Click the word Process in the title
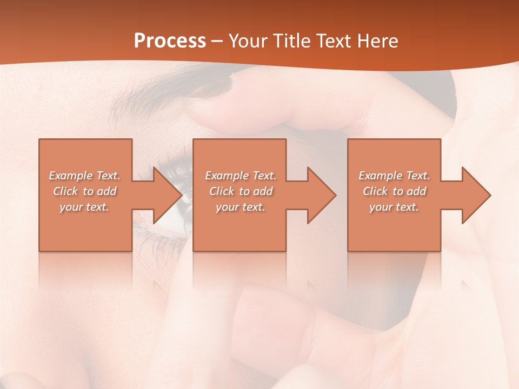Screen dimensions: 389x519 click(x=170, y=41)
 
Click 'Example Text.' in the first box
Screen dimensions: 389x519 click(x=85, y=176)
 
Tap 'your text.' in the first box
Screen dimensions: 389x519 click(x=85, y=207)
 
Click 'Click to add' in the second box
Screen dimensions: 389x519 click(x=241, y=191)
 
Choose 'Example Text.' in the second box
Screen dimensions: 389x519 click(x=241, y=176)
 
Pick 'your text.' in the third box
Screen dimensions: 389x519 click(x=394, y=207)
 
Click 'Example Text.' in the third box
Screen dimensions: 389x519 click(x=394, y=176)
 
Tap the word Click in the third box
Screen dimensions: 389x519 click(x=375, y=191)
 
